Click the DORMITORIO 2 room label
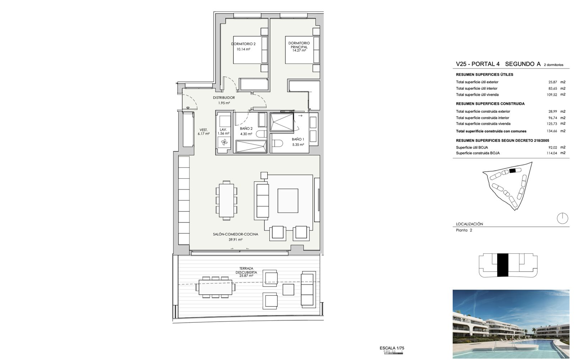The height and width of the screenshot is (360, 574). (243, 44)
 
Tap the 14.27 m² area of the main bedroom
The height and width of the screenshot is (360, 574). (299, 51)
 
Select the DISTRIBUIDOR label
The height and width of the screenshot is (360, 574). (224, 98)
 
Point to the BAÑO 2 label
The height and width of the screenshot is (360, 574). (246, 128)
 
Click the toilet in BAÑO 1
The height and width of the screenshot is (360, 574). (277, 143)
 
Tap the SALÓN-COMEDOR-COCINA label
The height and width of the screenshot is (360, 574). (235, 234)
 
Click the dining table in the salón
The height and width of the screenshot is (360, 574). (226, 200)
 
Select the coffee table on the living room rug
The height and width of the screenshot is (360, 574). (288, 201)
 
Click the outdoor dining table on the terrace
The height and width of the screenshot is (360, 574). (215, 287)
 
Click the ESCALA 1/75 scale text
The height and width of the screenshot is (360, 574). (392, 348)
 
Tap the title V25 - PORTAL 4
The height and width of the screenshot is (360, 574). (477, 64)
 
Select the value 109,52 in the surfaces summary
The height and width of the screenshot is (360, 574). (552, 95)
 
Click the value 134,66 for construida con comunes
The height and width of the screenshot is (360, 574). (552, 131)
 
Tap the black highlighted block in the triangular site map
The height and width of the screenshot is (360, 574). (512, 170)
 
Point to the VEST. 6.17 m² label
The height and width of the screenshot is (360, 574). (203, 132)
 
